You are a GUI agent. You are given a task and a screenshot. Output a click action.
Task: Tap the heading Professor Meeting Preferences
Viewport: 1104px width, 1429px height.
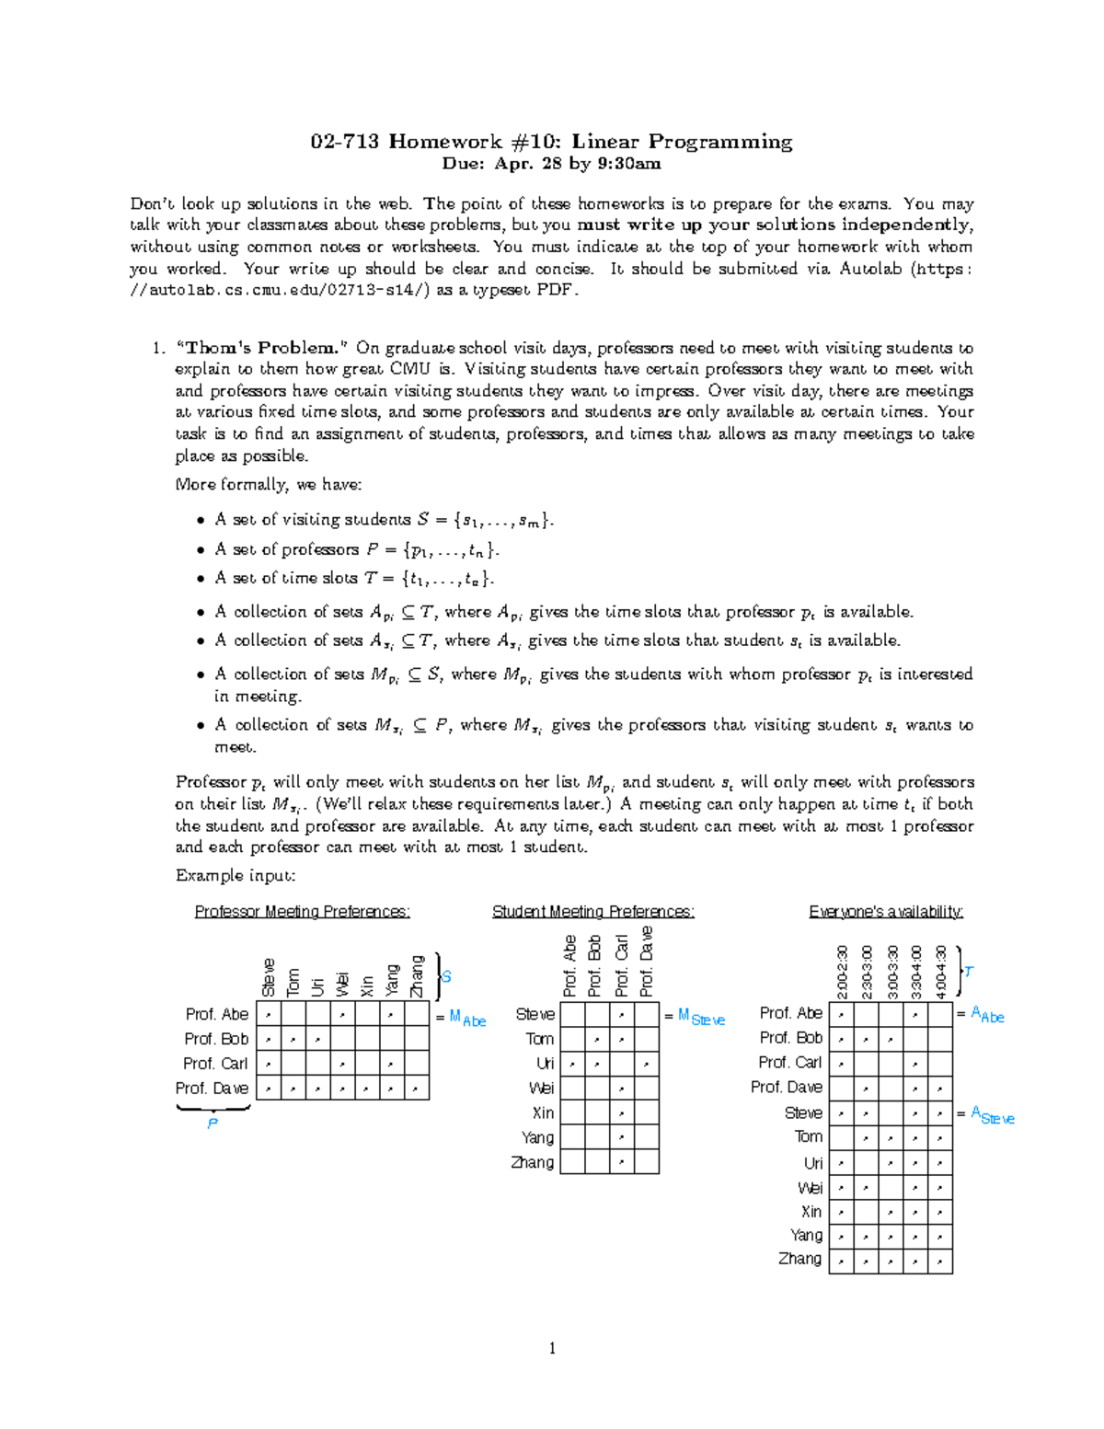tap(302, 912)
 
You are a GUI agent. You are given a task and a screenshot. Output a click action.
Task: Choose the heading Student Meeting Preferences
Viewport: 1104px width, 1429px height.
tap(592, 912)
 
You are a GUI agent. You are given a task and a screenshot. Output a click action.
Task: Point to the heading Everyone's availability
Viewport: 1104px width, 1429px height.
tap(885, 912)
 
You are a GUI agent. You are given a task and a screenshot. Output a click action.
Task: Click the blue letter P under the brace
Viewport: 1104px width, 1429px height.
tap(213, 1124)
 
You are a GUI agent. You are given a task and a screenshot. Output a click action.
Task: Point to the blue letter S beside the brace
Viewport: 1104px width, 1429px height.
tap(446, 976)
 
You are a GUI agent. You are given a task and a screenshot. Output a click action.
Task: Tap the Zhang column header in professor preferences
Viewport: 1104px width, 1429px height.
tap(418, 976)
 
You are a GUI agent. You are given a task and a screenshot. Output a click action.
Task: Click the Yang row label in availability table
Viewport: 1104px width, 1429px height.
tap(806, 1236)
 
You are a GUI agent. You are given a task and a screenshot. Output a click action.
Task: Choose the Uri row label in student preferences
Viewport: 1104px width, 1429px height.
tap(545, 1064)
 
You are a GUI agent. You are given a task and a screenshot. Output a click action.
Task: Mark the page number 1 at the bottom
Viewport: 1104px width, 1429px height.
tap(552, 1349)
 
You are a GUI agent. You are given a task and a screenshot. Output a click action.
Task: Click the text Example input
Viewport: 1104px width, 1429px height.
tap(236, 876)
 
